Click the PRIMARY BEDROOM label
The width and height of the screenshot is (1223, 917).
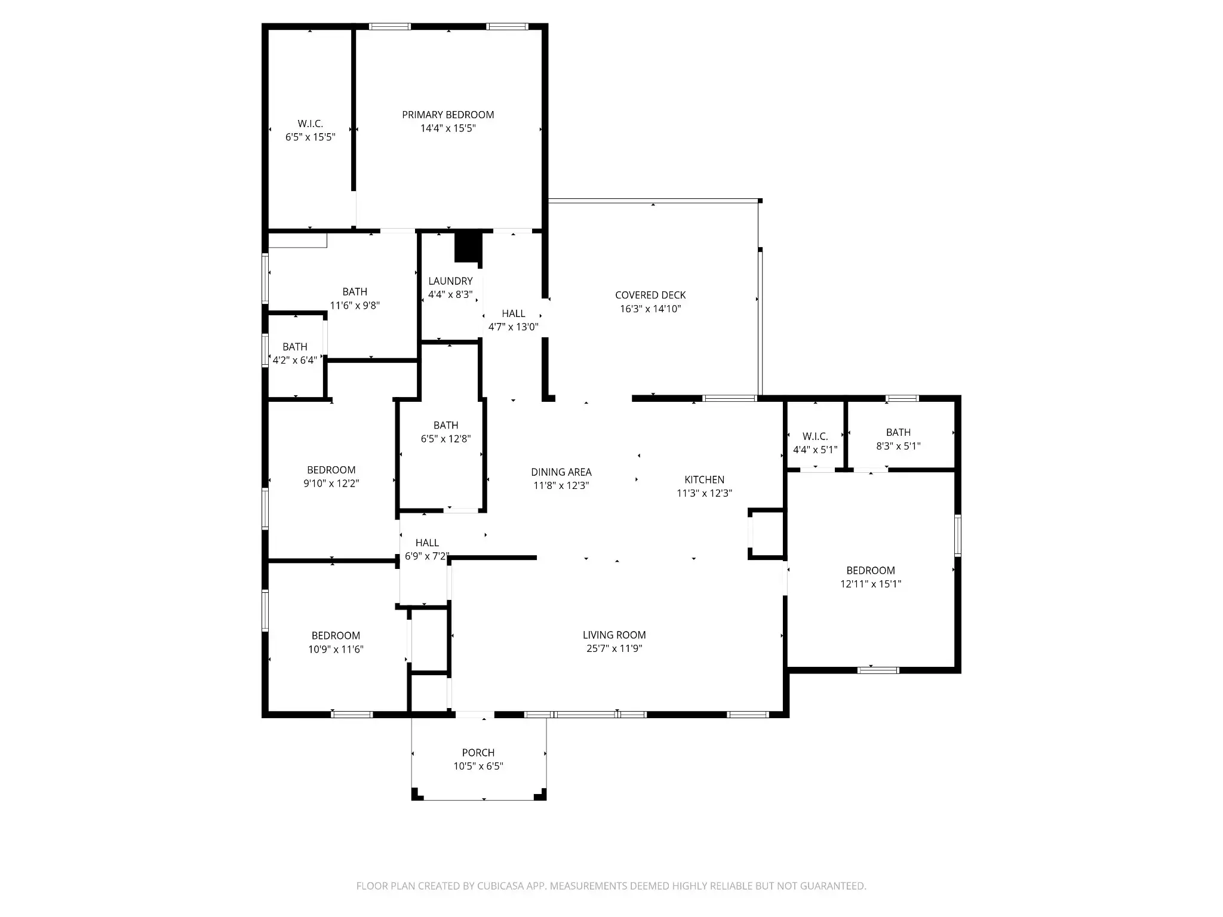(x=448, y=115)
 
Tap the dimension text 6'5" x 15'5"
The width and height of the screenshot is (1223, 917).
(x=310, y=137)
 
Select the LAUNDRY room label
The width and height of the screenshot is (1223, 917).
(x=450, y=281)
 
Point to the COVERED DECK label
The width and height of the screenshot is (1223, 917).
(x=650, y=295)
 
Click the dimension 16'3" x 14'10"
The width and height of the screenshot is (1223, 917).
(x=650, y=309)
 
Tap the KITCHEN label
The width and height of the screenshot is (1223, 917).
(x=704, y=479)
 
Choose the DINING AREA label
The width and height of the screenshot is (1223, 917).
(x=561, y=472)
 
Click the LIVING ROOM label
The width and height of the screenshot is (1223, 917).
(x=614, y=635)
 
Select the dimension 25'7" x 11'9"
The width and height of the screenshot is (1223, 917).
(x=614, y=649)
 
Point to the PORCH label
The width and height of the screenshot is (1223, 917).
(x=478, y=753)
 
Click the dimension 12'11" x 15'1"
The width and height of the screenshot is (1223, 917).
(x=870, y=584)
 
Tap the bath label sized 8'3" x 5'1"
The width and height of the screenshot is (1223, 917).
(x=898, y=432)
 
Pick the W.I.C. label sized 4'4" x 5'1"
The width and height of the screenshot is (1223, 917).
(x=815, y=436)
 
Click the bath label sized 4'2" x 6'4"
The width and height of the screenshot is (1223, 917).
(x=294, y=347)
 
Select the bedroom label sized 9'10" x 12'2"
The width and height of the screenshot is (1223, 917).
(x=331, y=470)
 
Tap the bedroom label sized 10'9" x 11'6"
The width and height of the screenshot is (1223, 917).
(x=336, y=636)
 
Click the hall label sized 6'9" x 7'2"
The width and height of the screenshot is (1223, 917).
(x=427, y=543)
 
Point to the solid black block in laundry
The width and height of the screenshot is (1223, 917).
(x=468, y=246)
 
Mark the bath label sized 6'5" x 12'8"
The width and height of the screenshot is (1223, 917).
(x=445, y=425)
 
